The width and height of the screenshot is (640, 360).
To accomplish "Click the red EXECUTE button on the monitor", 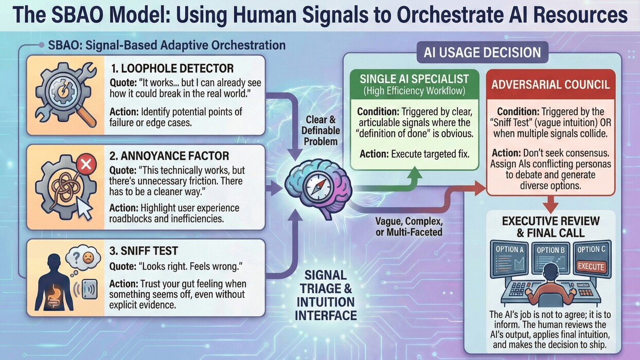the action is pos(591,267).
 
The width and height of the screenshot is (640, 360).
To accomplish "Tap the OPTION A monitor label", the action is pos(510,249).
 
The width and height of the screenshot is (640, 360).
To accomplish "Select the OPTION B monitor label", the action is pos(550,250).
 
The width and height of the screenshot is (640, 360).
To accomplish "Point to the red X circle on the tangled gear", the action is pos(86,164).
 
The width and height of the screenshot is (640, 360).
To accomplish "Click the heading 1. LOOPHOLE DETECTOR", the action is pos(172,68).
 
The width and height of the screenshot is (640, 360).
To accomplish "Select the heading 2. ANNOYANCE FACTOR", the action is pos(169,156).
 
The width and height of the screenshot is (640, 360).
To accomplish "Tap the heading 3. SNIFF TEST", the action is pos(144,251).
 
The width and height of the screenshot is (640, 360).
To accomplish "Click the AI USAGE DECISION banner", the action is pos(482,52).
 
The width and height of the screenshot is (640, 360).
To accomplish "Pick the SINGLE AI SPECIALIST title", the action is pos(414,79).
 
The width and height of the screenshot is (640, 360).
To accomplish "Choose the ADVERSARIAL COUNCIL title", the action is pos(550,84).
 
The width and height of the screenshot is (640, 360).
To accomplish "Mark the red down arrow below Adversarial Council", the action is pos(550,204).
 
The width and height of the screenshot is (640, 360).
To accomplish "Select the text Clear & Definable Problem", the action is pos(321,131).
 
